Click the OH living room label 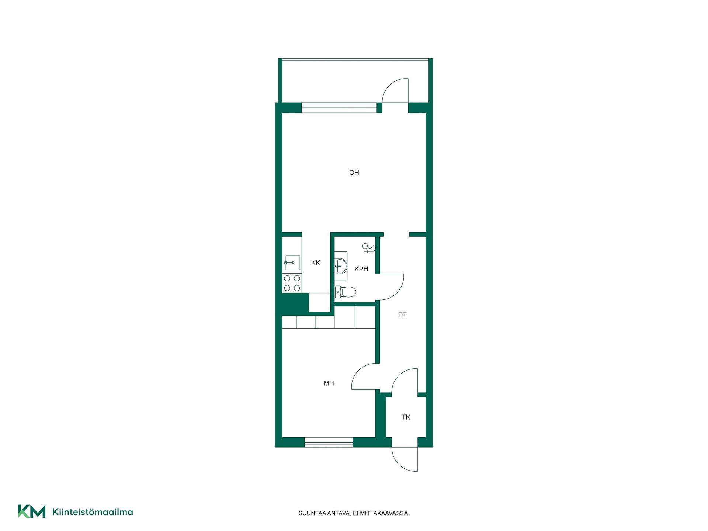(354, 173)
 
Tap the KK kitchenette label (316, 263)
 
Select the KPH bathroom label (361, 269)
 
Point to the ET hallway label (402, 315)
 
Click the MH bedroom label (329, 383)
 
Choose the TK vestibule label (406, 417)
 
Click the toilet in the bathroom (346, 292)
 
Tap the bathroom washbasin (341, 266)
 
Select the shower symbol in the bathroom (369, 248)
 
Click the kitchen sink (292, 263)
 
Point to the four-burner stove (292, 283)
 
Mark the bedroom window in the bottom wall (329, 442)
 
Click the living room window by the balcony (339, 108)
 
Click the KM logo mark (32, 511)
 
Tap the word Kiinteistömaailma (93, 512)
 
